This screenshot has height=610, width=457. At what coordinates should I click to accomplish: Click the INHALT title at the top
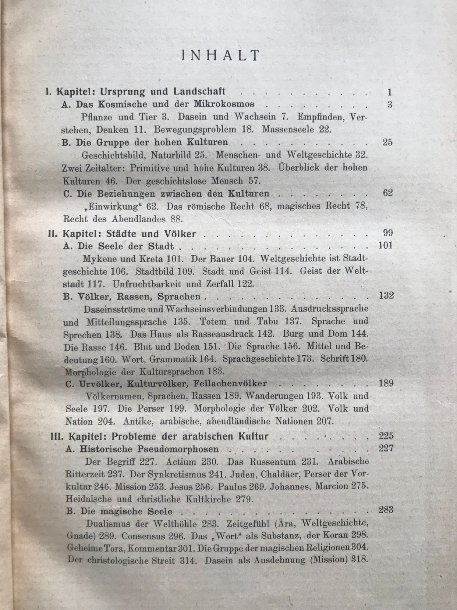(x=220, y=56)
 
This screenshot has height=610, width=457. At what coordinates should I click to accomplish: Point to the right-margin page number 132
(x=386, y=296)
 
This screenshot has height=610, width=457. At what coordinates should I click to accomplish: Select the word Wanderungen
(x=274, y=396)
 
